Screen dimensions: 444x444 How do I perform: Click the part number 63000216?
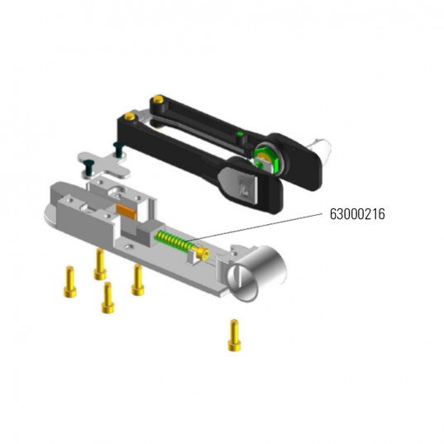pyautogui.click(x=355, y=213)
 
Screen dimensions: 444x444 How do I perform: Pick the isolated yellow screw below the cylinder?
pyautogui.click(x=234, y=334)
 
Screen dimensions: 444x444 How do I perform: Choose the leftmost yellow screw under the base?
pyautogui.click(x=69, y=281)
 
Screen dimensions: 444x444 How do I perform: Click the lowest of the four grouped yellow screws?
pyautogui.click(x=107, y=298)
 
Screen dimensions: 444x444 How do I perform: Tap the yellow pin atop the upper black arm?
pyautogui.click(x=154, y=101)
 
